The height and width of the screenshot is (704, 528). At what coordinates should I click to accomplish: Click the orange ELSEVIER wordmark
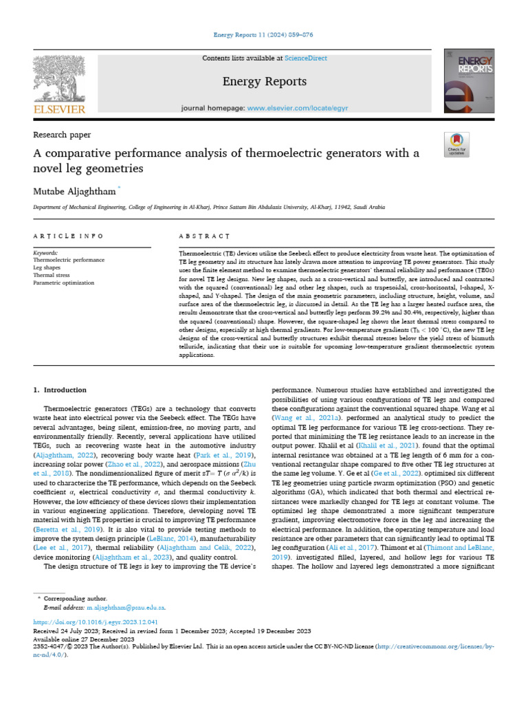(58, 109)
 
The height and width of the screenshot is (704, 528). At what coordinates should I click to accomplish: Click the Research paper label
(62, 135)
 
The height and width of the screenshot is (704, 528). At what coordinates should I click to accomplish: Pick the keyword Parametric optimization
(66, 281)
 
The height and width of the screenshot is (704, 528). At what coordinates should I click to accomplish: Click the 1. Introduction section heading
(60, 390)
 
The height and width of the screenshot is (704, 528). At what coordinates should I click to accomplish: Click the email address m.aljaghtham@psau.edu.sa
(126, 608)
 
